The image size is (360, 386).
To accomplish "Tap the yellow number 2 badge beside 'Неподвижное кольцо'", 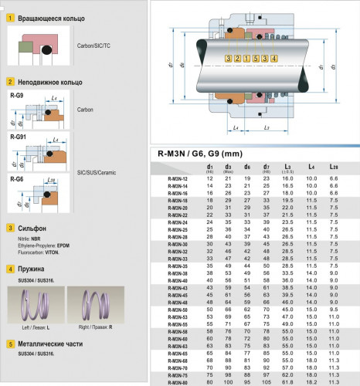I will coord(10,81).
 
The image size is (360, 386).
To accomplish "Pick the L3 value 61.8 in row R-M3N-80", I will coord(288,382).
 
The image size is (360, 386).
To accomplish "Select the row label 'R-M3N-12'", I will coord(178,178).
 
